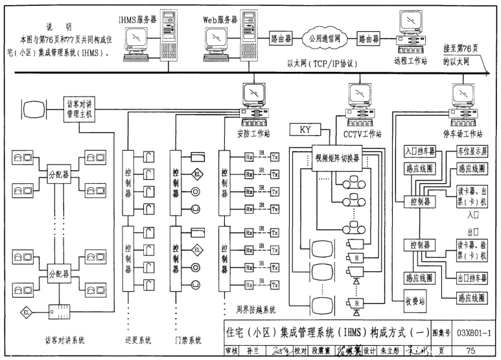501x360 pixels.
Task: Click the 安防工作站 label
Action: point(253,134)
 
